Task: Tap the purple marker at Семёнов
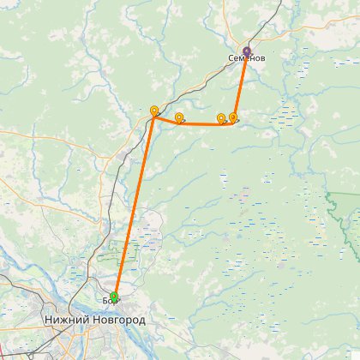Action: (x=247, y=51)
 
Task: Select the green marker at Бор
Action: (x=114, y=297)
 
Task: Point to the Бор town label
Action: (x=109, y=301)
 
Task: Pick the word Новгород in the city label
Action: (x=117, y=320)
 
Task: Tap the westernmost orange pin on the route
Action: (x=154, y=111)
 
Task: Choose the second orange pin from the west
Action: (x=178, y=117)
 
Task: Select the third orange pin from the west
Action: (x=221, y=118)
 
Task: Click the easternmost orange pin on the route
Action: (x=232, y=117)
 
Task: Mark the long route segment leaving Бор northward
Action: (x=134, y=206)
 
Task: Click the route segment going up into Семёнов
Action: (x=240, y=86)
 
